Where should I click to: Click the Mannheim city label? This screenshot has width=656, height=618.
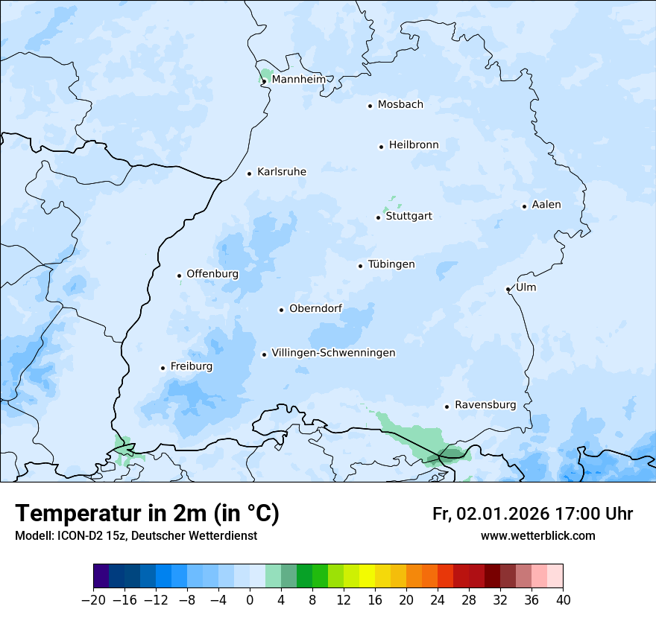click(298, 80)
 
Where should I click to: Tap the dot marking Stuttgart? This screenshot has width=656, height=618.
click(378, 217)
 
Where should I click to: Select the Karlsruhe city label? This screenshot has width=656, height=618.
click(282, 172)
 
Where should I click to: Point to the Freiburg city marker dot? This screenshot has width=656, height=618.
click(163, 368)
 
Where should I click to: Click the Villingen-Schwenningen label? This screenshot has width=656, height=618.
click(333, 353)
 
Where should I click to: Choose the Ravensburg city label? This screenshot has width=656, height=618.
click(485, 405)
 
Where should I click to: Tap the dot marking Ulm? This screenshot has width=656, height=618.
click(508, 289)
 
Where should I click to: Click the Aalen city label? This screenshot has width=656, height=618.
click(546, 205)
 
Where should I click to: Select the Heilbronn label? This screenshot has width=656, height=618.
click(414, 145)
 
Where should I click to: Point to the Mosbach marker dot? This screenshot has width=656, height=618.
click(370, 106)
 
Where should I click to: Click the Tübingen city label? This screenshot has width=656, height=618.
click(391, 264)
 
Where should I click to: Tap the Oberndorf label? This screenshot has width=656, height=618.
click(315, 309)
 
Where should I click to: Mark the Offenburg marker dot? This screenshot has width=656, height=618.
click(179, 275)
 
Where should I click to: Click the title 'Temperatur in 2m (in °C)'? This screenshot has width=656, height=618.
click(147, 513)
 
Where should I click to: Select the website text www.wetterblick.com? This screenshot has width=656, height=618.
click(537, 536)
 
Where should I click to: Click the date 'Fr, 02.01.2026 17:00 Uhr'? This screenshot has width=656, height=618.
click(532, 514)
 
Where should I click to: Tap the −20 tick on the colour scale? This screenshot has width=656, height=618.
click(93, 600)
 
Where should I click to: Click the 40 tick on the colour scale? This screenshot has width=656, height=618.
click(563, 600)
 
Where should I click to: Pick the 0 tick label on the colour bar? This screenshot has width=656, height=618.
click(250, 600)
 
